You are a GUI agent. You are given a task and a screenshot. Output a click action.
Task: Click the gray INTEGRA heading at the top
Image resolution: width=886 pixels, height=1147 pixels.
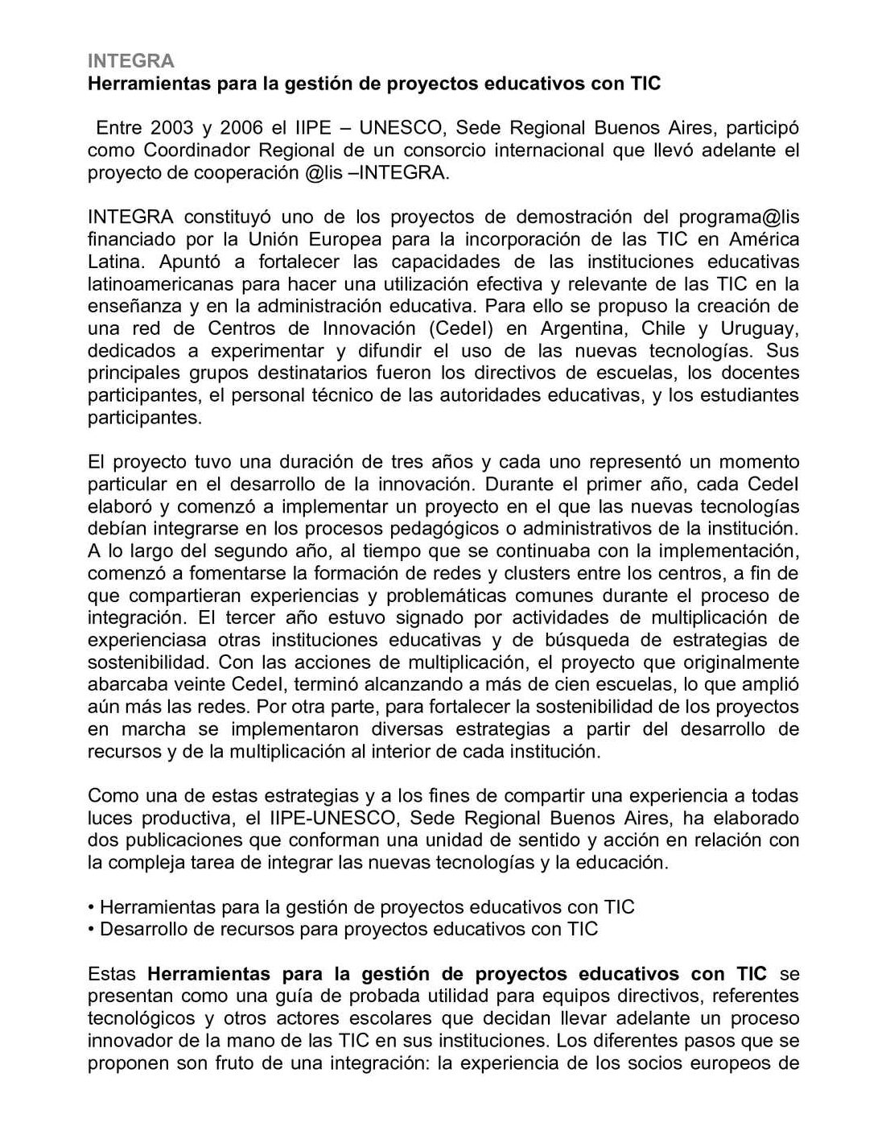(130, 61)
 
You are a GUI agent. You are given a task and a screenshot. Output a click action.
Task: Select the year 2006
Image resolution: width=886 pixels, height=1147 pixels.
(242, 127)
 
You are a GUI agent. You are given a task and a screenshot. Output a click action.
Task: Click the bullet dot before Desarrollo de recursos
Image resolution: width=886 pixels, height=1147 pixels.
(91, 930)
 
